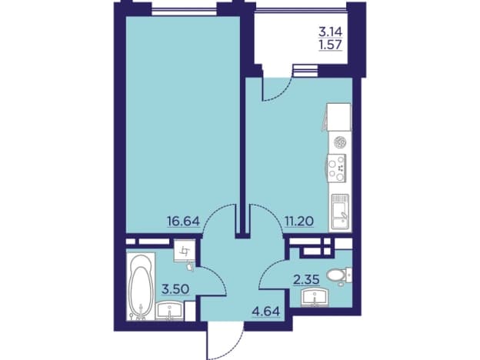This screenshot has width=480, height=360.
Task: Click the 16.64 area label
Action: tap(183, 221)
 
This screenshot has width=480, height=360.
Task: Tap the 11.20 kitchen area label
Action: tap(299, 221)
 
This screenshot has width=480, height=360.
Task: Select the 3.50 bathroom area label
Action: tap(175, 289)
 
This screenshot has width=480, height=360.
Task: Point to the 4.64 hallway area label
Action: tap(265, 312)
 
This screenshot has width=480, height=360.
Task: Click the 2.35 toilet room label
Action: tap(306, 279)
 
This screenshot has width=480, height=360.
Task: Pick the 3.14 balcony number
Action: tap(331, 32)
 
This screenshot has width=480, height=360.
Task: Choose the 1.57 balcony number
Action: tap(331, 45)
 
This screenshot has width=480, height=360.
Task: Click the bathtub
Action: tap(141, 286)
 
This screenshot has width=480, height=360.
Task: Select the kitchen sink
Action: tap(339, 212)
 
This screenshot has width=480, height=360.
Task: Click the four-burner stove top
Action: tap(336, 168)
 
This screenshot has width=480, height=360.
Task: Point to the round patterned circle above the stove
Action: tap(340, 142)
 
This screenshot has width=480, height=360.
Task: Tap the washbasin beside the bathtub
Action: tap(169, 311)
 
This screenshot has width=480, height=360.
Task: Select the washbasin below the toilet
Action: tap(315, 298)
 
